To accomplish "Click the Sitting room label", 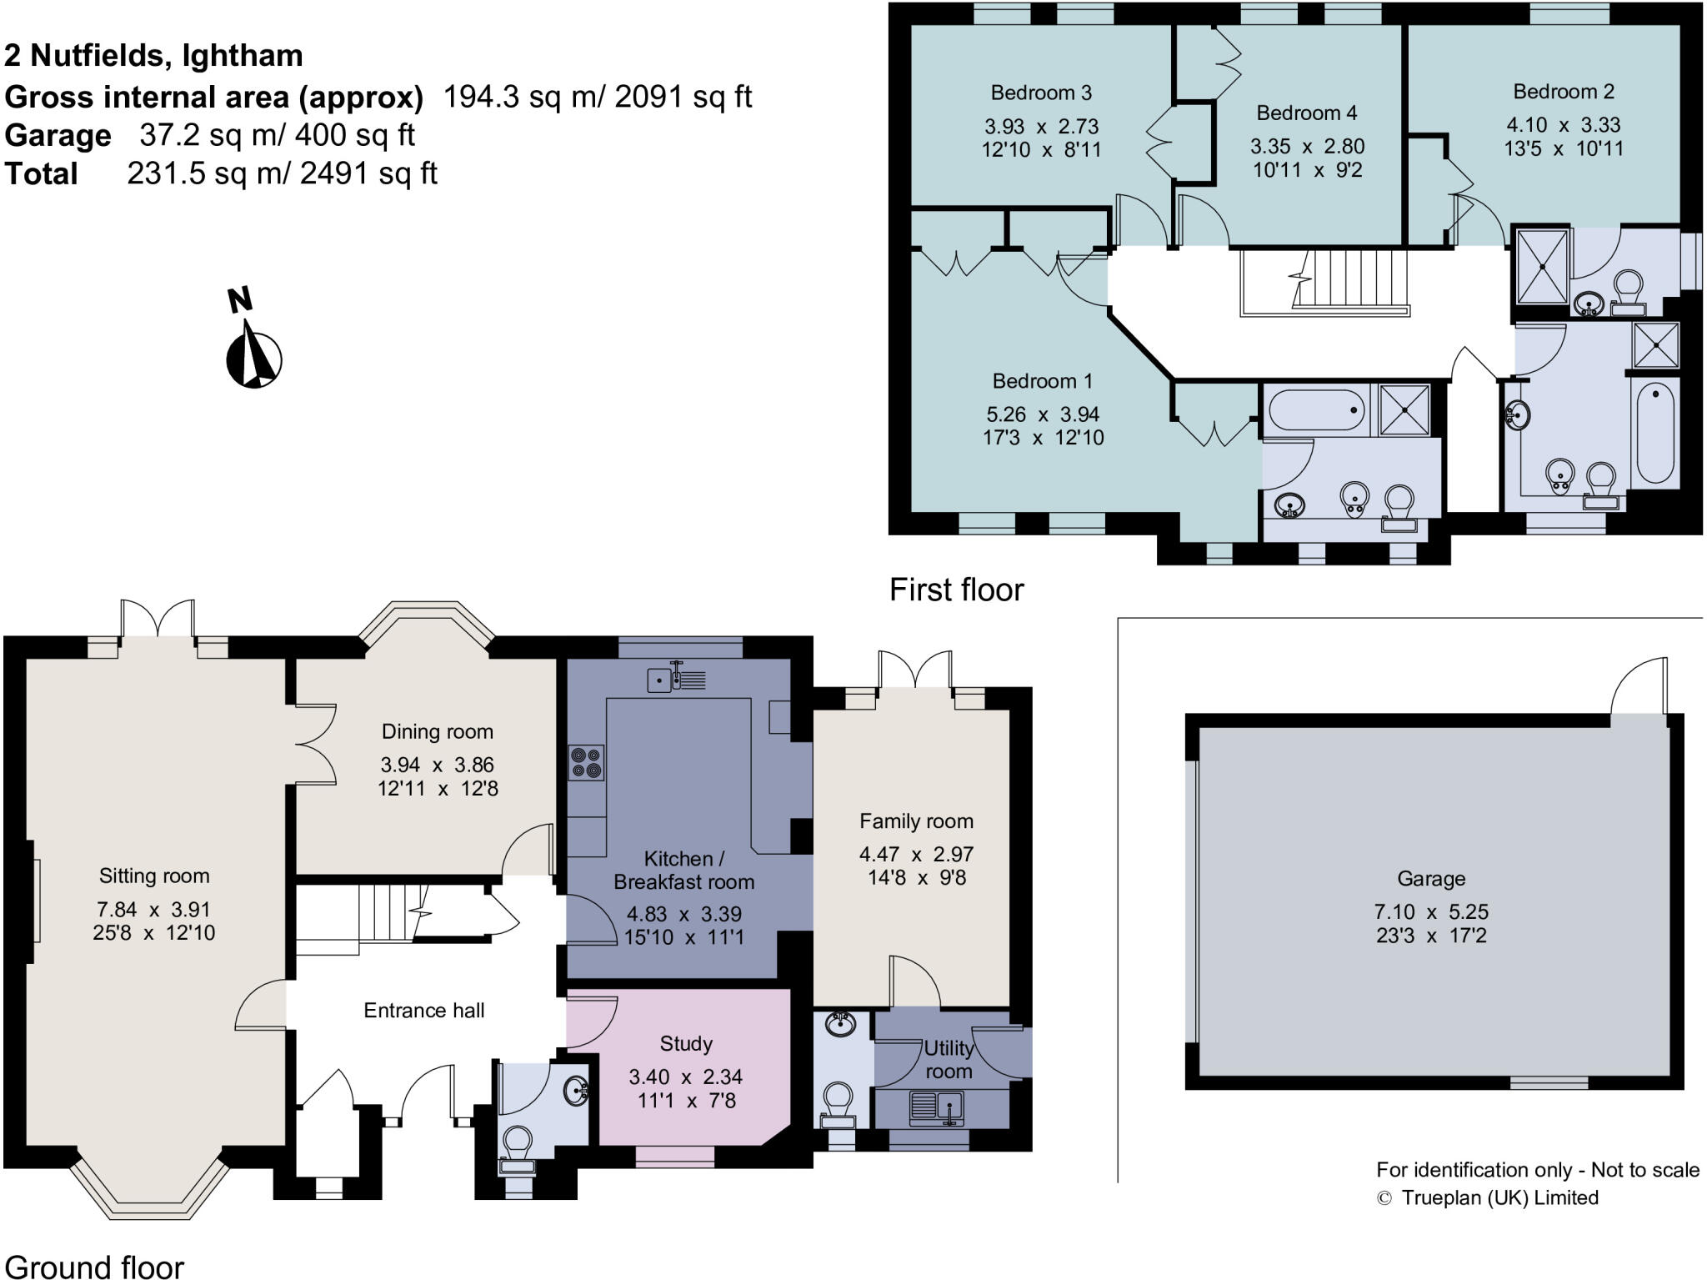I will (x=154, y=876).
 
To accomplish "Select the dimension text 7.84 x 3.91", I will (x=153, y=909).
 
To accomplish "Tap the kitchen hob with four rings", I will (x=586, y=763).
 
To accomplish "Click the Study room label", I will (x=686, y=1043).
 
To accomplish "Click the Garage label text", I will (x=1430, y=878).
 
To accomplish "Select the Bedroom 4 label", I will (x=1306, y=113).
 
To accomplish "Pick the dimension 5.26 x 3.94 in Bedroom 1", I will (x=1043, y=414).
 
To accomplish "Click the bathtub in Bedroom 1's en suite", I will (x=1315, y=410).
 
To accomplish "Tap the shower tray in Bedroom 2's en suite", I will (x=1542, y=266).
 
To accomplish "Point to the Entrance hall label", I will (x=423, y=1011).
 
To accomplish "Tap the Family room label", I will (x=916, y=821).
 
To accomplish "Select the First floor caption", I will (x=956, y=590).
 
